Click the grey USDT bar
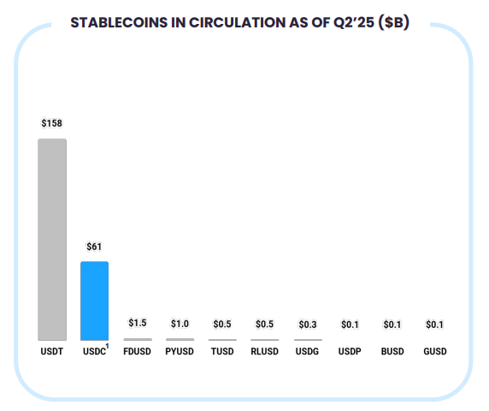(x=51, y=240)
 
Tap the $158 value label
(x=51, y=123)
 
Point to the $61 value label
(x=94, y=247)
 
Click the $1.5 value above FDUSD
(x=137, y=323)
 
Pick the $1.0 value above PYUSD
(x=180, y=324)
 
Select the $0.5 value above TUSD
(x=222, y=324)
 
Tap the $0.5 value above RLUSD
(x=265, y=324)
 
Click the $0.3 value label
(x=307, y=325)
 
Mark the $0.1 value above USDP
(x=350, y=325)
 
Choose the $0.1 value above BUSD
(x=392, y=325)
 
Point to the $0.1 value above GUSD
(x=434, y=325)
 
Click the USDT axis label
(x=51, y=352)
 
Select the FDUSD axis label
(x=137, y=352)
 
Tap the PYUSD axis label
(x=180, y=352)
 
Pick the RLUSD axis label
(x=265, y=352)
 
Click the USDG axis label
(x=307, y=352)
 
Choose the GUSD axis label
(x=434, y=352)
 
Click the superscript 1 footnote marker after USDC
(x=108, y=347)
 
